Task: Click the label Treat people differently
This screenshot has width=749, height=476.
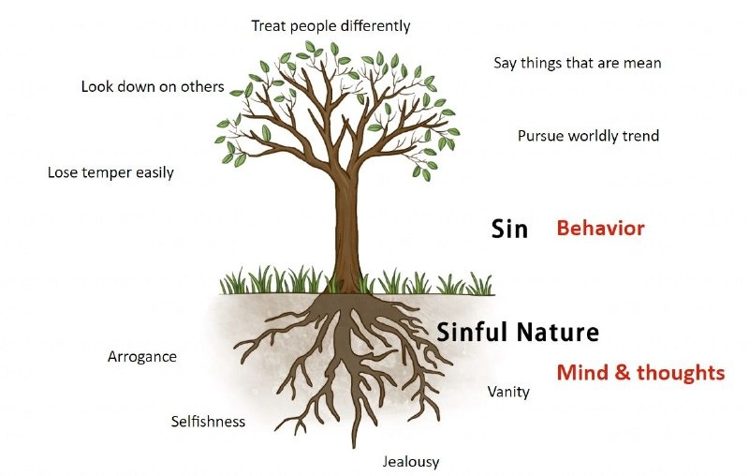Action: [330, 26]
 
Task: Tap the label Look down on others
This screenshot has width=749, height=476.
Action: [153, 86]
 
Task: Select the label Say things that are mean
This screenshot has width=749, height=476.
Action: [578, 63]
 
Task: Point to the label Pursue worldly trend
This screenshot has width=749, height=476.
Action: [589, 136]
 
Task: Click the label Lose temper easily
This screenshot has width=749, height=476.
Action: [110, 172]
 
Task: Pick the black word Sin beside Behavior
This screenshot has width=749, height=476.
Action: [509, 229]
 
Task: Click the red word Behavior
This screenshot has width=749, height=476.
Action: [601, 229]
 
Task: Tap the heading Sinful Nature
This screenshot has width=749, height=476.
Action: [518, 332]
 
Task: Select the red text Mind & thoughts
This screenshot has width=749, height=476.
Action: [641, 373]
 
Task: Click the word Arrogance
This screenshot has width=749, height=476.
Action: [142, 357]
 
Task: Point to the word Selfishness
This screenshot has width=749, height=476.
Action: [208, 422]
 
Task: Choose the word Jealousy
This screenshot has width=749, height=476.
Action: [411, 462]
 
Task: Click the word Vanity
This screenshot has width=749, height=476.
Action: [508, 393]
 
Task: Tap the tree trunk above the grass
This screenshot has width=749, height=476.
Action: [346, 230]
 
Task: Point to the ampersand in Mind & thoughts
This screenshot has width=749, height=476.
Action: [623, 373]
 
